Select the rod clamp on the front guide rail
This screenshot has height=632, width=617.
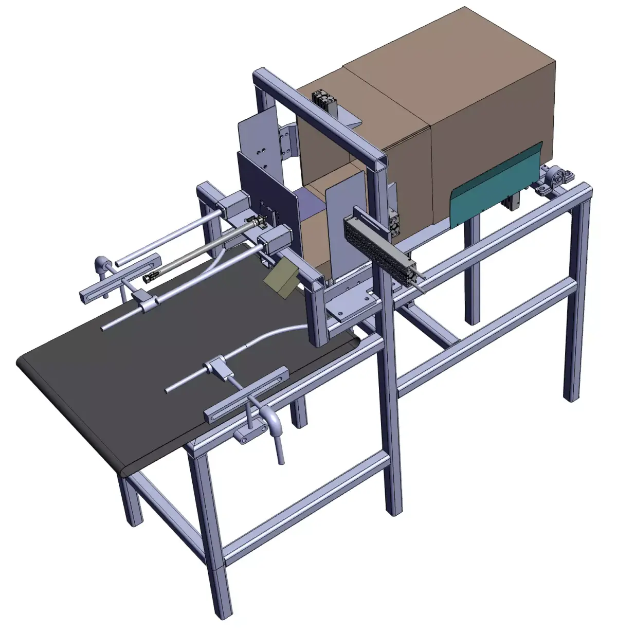coord(216,368)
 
